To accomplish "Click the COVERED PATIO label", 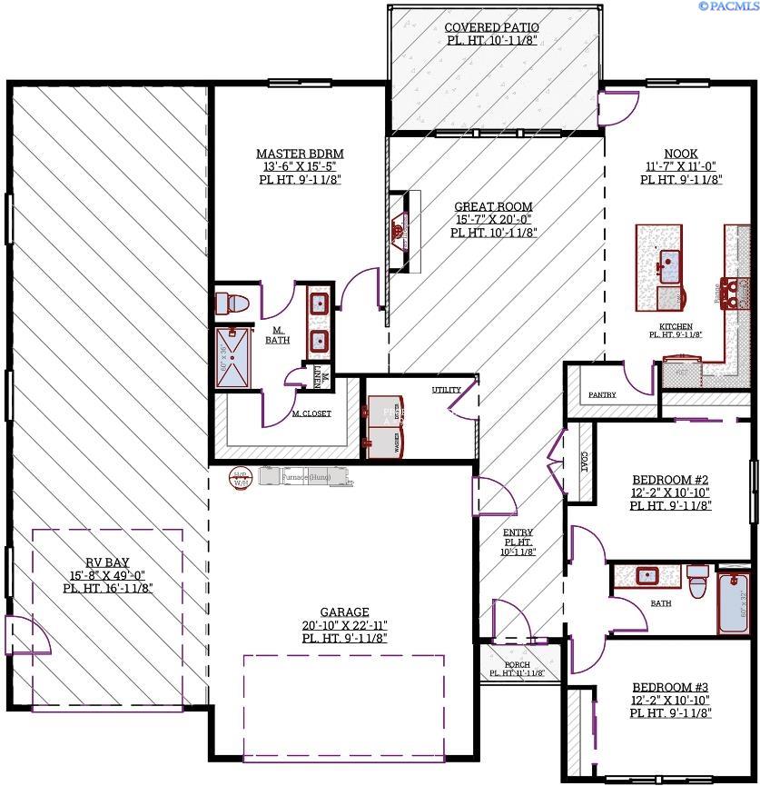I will click(492, 27).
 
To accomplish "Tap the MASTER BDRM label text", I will click(300, 154).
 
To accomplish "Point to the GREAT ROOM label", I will click(493, 207).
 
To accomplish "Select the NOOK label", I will click(681, 154).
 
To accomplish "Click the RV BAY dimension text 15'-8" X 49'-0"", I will click(107, 574).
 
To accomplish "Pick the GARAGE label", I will click(344, 612).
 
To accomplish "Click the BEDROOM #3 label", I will click(670, 687).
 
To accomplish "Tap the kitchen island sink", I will click(670, 265).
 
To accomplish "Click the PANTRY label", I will click(602, 394).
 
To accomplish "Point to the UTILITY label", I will click(446, 390).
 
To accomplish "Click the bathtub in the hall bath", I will click(734, 602).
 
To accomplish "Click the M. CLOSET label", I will click(311, 413).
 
